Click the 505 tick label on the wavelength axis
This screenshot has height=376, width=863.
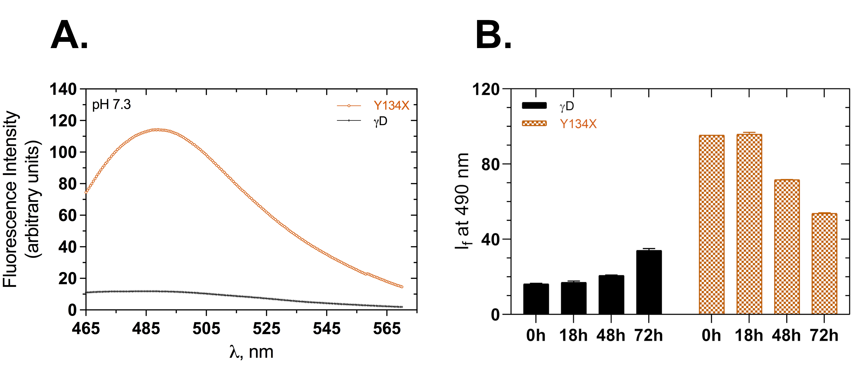206,329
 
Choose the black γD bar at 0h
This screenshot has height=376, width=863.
536,299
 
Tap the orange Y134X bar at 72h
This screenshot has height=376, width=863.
824,264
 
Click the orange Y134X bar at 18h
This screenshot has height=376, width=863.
749,224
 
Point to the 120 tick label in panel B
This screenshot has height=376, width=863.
486,90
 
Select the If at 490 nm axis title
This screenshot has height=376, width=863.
462,201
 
